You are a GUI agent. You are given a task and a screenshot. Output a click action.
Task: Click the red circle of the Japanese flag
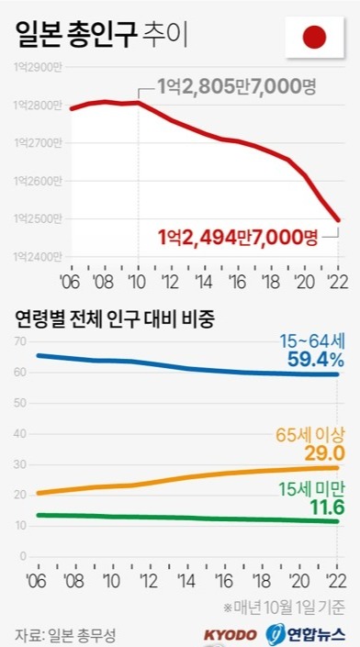point(315,38)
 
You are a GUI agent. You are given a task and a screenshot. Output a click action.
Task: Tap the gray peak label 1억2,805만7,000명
point(236,88)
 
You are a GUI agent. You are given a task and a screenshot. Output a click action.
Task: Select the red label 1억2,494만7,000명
point(237,238)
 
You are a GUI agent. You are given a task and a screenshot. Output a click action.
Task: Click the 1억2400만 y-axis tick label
point(37,256)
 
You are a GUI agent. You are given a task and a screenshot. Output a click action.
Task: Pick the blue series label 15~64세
point(313,340)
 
